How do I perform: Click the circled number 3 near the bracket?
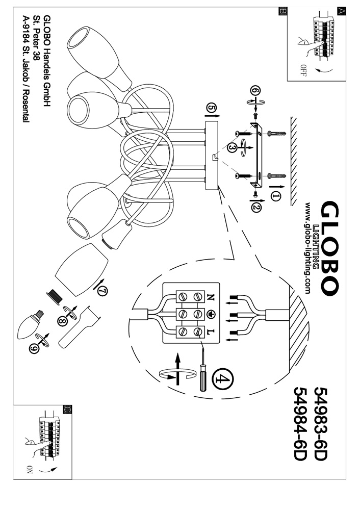[x=232, y=147]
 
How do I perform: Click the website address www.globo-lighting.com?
[x=308, y=248]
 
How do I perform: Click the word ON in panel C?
[x=27, y=471]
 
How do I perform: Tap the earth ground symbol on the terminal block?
[x=211, y=314]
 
